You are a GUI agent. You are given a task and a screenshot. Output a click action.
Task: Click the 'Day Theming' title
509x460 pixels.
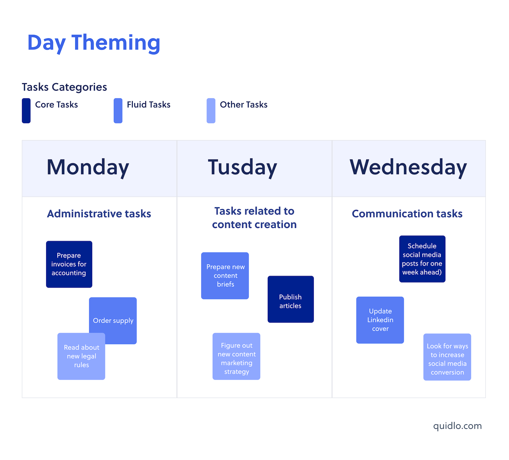94,43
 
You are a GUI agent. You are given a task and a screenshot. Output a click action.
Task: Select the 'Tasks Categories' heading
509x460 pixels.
64,87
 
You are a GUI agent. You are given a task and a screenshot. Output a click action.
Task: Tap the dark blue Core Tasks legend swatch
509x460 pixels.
26,110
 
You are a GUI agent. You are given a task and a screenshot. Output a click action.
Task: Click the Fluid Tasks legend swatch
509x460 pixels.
118,110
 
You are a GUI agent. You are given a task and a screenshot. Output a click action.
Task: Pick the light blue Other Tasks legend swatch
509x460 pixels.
211,110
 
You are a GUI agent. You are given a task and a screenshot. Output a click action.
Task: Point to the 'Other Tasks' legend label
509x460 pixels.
243,105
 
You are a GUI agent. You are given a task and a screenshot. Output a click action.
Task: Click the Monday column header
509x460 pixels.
88,167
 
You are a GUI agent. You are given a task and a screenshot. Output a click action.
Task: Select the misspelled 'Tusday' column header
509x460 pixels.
242,167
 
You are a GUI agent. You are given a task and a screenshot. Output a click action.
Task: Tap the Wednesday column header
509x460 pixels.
408,167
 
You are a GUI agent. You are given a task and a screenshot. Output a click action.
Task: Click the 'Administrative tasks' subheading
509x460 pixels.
99,214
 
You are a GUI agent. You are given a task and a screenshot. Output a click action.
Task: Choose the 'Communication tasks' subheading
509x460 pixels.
407,214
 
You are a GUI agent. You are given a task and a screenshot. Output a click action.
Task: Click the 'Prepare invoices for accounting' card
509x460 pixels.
69,264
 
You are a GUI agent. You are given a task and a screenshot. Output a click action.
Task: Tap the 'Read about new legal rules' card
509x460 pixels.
81,357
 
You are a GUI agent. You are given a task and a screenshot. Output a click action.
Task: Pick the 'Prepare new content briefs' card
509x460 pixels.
225,276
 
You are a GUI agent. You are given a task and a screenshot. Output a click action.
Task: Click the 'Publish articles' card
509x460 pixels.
291,300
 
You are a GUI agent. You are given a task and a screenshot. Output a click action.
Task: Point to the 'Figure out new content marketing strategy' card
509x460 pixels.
236,357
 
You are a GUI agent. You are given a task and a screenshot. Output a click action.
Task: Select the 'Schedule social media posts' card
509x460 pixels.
422,259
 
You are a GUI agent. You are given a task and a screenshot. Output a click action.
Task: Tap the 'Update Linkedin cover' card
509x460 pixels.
380,320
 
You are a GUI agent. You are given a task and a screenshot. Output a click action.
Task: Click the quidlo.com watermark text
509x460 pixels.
457,426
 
